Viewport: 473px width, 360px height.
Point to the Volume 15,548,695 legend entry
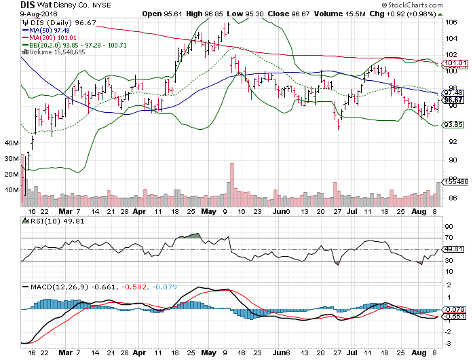[x=47, y=52]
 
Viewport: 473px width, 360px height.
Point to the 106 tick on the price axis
[x=449, y=21]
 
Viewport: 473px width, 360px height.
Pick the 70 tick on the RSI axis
[x=448, y=238]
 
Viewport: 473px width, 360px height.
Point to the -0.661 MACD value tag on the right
[x=451, y=317]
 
